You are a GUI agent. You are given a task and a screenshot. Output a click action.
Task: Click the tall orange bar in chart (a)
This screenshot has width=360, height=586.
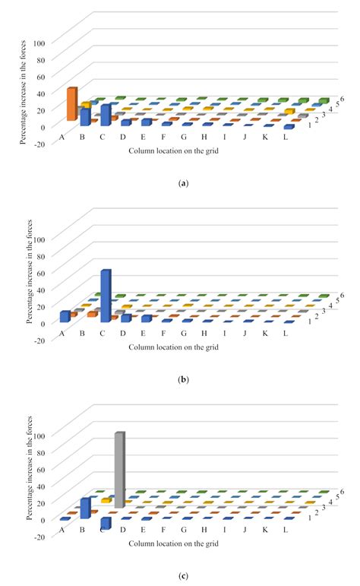pyautogui.click(x=72, y=104)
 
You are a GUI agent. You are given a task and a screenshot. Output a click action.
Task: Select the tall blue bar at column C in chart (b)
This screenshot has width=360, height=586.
pyautogui.click(x=106, y=296)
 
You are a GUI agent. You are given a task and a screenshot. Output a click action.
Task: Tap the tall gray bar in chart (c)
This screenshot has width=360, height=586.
pyautogui.click(x=119, y=470)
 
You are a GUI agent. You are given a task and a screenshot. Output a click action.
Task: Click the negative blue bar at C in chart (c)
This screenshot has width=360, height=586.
pyautogui.click(x=106, y=523)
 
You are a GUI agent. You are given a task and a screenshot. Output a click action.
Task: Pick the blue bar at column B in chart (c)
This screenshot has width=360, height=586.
pyautogui.click(x=86, y=508)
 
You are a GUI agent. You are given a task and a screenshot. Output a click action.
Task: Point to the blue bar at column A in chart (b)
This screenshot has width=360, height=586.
pyautogui.click(x=65, y=316)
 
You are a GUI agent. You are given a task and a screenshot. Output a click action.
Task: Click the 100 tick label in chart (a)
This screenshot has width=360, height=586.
pyautogui.click(x=39, y=43)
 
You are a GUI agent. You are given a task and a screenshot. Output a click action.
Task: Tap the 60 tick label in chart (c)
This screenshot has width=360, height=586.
pyautogui.click(x=40, y=470)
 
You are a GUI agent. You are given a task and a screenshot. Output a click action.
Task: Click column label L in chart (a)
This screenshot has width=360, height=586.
pyautogui.click(x=286, y=137)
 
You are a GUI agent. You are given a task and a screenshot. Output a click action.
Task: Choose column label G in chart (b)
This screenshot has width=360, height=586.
pyautogui.click(x=184, y=334)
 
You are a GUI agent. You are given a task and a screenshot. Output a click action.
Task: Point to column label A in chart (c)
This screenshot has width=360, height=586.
pyautogui.click(x=62, y=530)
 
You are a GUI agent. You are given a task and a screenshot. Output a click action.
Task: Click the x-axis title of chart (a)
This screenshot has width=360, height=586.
pyautogui.click(x=174, y=151)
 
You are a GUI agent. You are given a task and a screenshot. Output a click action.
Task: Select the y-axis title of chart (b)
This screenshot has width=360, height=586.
pyautogui.click(x=30, y=271)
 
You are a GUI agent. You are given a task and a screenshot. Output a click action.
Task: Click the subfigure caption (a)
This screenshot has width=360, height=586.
pyautogui.click(x=183, y=183)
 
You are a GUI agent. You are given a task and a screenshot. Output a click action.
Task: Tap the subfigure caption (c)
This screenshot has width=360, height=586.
pyautogui.click(x=183, y=576)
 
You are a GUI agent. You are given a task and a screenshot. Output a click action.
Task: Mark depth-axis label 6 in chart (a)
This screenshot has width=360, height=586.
pyautogui.click(x=342, y=99)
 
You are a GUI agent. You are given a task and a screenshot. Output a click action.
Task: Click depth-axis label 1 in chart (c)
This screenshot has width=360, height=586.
pyautogui.click(x=310, y=518)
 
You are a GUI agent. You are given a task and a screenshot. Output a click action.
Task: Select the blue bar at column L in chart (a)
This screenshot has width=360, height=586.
pyautogui.click(x=289, y=127)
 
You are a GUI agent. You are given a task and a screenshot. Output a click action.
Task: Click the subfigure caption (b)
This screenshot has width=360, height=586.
pyautogui.click(x=183, y=380)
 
